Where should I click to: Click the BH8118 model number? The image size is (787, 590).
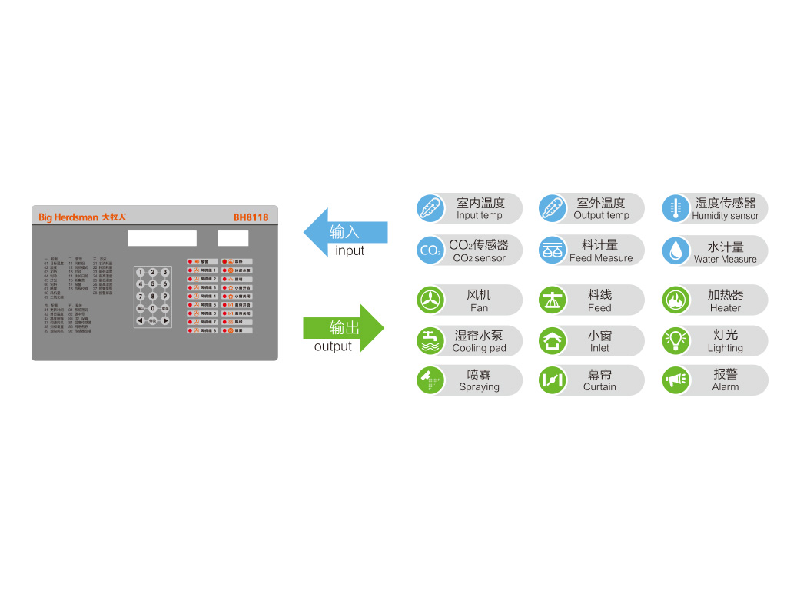point(251,217)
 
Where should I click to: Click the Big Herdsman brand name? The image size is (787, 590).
point(68,217)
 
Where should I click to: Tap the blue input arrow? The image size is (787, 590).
point(345,232)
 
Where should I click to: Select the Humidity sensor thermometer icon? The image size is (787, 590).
point(676,208)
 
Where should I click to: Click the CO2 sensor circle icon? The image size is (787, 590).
point(430,250)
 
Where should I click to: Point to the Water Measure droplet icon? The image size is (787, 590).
point(676,250)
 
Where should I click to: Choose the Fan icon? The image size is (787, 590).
point(430,300)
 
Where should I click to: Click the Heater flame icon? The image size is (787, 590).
point(676,300)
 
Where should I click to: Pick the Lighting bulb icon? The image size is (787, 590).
point(676,340)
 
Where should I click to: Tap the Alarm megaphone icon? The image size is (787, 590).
point(676,380)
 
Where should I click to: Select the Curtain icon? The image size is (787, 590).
point(553,380)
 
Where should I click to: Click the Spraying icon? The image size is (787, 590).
point(430,380)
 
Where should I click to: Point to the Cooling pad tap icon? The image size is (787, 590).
point(430,340)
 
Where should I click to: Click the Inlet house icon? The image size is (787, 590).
point(553,340)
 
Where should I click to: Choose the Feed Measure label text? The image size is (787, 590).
point(601,258)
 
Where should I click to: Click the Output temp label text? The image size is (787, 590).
point(601,215)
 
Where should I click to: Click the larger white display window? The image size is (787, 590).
point(161,238)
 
